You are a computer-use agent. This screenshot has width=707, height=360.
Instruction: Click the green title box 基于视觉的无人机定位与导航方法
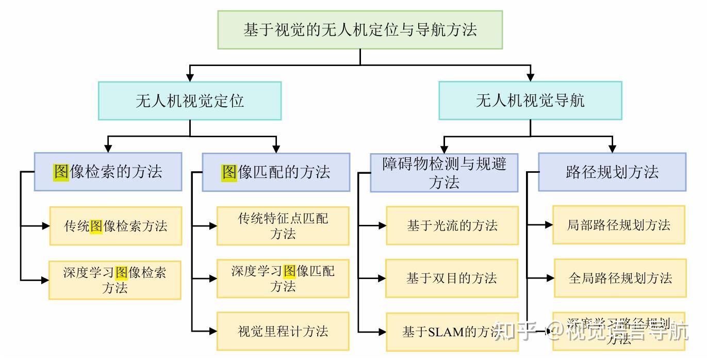click(x=359, y=29)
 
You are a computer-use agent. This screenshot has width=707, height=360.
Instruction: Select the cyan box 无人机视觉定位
click(x=190, y=101)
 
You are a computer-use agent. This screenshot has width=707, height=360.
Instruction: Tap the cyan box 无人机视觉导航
click(x=530, y=101)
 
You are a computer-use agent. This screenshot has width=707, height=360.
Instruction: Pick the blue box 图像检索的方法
click(x=108, y=172)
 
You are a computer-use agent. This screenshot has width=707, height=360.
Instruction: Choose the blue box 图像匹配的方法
click(x=276, y=172)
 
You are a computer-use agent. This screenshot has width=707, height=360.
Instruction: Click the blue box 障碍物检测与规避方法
click(x=444, y=173)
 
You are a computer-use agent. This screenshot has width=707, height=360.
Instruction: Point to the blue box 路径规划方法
click(x=612, y=172)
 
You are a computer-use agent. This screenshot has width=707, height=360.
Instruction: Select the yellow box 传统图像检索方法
click(x=116, y=226)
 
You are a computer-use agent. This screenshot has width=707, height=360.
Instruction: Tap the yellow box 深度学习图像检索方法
click(x=115, y=280)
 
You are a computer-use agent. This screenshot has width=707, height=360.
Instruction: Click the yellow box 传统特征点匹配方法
click(x=283, y=226)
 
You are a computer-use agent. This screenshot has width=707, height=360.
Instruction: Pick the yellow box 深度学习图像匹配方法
click(x=283, y=279)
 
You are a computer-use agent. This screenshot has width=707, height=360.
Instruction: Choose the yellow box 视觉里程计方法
click(x=283, y=331)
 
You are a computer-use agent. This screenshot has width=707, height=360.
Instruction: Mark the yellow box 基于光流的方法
click(x=452, y=225)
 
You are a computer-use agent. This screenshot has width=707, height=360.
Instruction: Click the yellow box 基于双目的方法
click(x=452, y=279)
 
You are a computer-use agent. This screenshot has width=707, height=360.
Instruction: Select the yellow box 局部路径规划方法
click(x=619, y=225)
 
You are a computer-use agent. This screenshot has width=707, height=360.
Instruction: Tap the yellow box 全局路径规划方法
click(x=620, y=279)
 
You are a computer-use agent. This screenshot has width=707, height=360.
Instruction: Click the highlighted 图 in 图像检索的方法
click(x=61, y=171)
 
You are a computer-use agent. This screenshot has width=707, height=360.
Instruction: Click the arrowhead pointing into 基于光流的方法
click(x=382, y=225)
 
